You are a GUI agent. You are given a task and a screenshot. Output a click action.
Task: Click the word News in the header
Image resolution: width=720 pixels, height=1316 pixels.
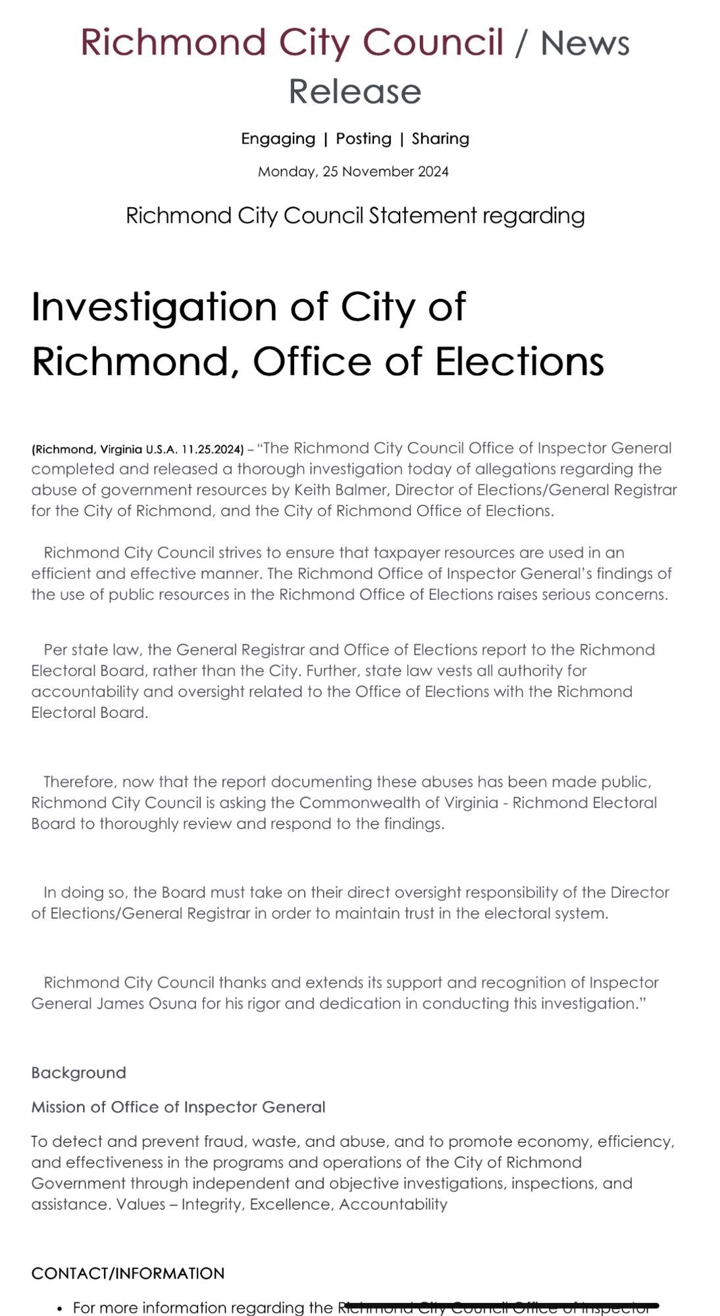(584, 43)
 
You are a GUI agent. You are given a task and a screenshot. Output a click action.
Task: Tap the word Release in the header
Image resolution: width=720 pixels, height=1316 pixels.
(355, 91)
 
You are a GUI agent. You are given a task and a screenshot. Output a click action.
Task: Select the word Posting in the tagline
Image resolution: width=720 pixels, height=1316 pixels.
(363, 139)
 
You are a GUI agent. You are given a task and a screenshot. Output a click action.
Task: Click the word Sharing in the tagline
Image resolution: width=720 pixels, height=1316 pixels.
(440, 139)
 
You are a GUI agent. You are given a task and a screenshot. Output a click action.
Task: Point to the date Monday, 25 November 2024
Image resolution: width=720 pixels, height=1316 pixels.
(353, 172)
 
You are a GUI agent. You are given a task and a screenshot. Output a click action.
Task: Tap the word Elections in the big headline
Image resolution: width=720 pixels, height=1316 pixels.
(519, 362)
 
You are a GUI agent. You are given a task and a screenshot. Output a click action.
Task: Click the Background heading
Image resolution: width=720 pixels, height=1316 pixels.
(78, 1073)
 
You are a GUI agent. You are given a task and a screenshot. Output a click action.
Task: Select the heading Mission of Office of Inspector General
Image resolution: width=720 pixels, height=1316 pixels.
(178, 1107)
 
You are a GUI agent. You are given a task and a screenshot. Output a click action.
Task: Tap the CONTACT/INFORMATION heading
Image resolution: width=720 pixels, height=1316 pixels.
(128, 1273)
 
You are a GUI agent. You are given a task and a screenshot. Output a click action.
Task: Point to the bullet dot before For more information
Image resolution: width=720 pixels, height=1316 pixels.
(60, 1309)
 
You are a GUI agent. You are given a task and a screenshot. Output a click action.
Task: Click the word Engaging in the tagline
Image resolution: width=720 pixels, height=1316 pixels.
(278, 139)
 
